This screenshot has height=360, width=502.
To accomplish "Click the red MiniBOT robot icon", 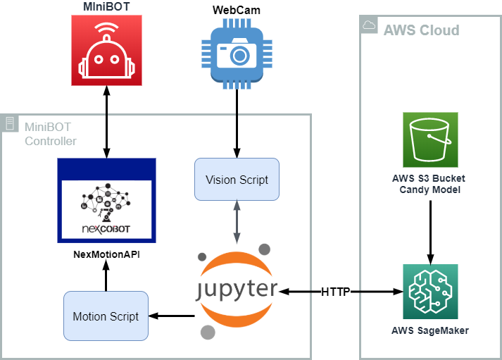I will (106, 51).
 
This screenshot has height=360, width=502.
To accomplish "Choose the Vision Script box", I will (237, 180).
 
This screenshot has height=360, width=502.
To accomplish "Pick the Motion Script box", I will (106, 316).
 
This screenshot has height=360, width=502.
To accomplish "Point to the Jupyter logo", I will (237, 290).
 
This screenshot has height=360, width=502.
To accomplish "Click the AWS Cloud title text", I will (421, 30).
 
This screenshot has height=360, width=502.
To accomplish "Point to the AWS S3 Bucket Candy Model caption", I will (429, 185).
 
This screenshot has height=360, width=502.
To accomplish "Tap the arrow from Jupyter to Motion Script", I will (172, 316).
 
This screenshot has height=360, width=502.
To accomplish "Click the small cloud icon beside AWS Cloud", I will (369, 25).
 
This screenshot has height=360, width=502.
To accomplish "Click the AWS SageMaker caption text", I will (429, 330).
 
